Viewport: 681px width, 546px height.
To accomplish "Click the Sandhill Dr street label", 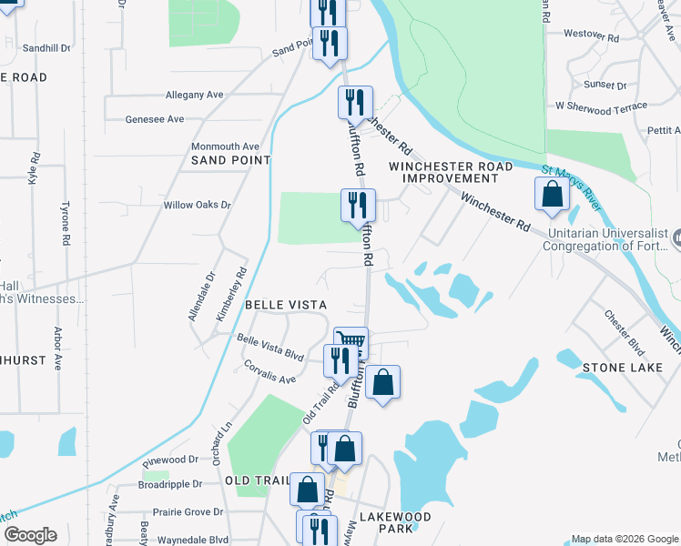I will click(x=46, y=47).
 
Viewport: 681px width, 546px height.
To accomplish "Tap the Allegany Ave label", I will click(x=194, y=95).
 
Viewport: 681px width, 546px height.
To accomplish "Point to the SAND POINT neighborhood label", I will click(x=231, y=160).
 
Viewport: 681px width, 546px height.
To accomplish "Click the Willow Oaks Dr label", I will click(x=197, y=205).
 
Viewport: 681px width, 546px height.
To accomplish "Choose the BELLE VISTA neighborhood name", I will click(x=285, y=304).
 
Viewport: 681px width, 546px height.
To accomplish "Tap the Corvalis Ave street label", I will click(x=269, y=371).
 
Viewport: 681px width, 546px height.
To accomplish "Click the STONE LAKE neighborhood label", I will click(x=615, y=367).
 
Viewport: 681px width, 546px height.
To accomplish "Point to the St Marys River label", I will click(x=571, y=184).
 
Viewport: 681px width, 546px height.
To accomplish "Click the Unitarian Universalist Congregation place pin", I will click(x=678, y=238).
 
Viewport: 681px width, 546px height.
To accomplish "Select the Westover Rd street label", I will click(x=591, y=35).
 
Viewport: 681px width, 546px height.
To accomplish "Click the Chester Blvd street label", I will click(x=625, y=333).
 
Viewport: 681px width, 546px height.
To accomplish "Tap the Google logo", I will click(x=30, y=535).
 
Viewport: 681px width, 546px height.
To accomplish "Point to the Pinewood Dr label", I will click(x=169, y=460).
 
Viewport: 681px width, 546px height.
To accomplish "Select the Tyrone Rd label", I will click(x=66, y=226).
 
